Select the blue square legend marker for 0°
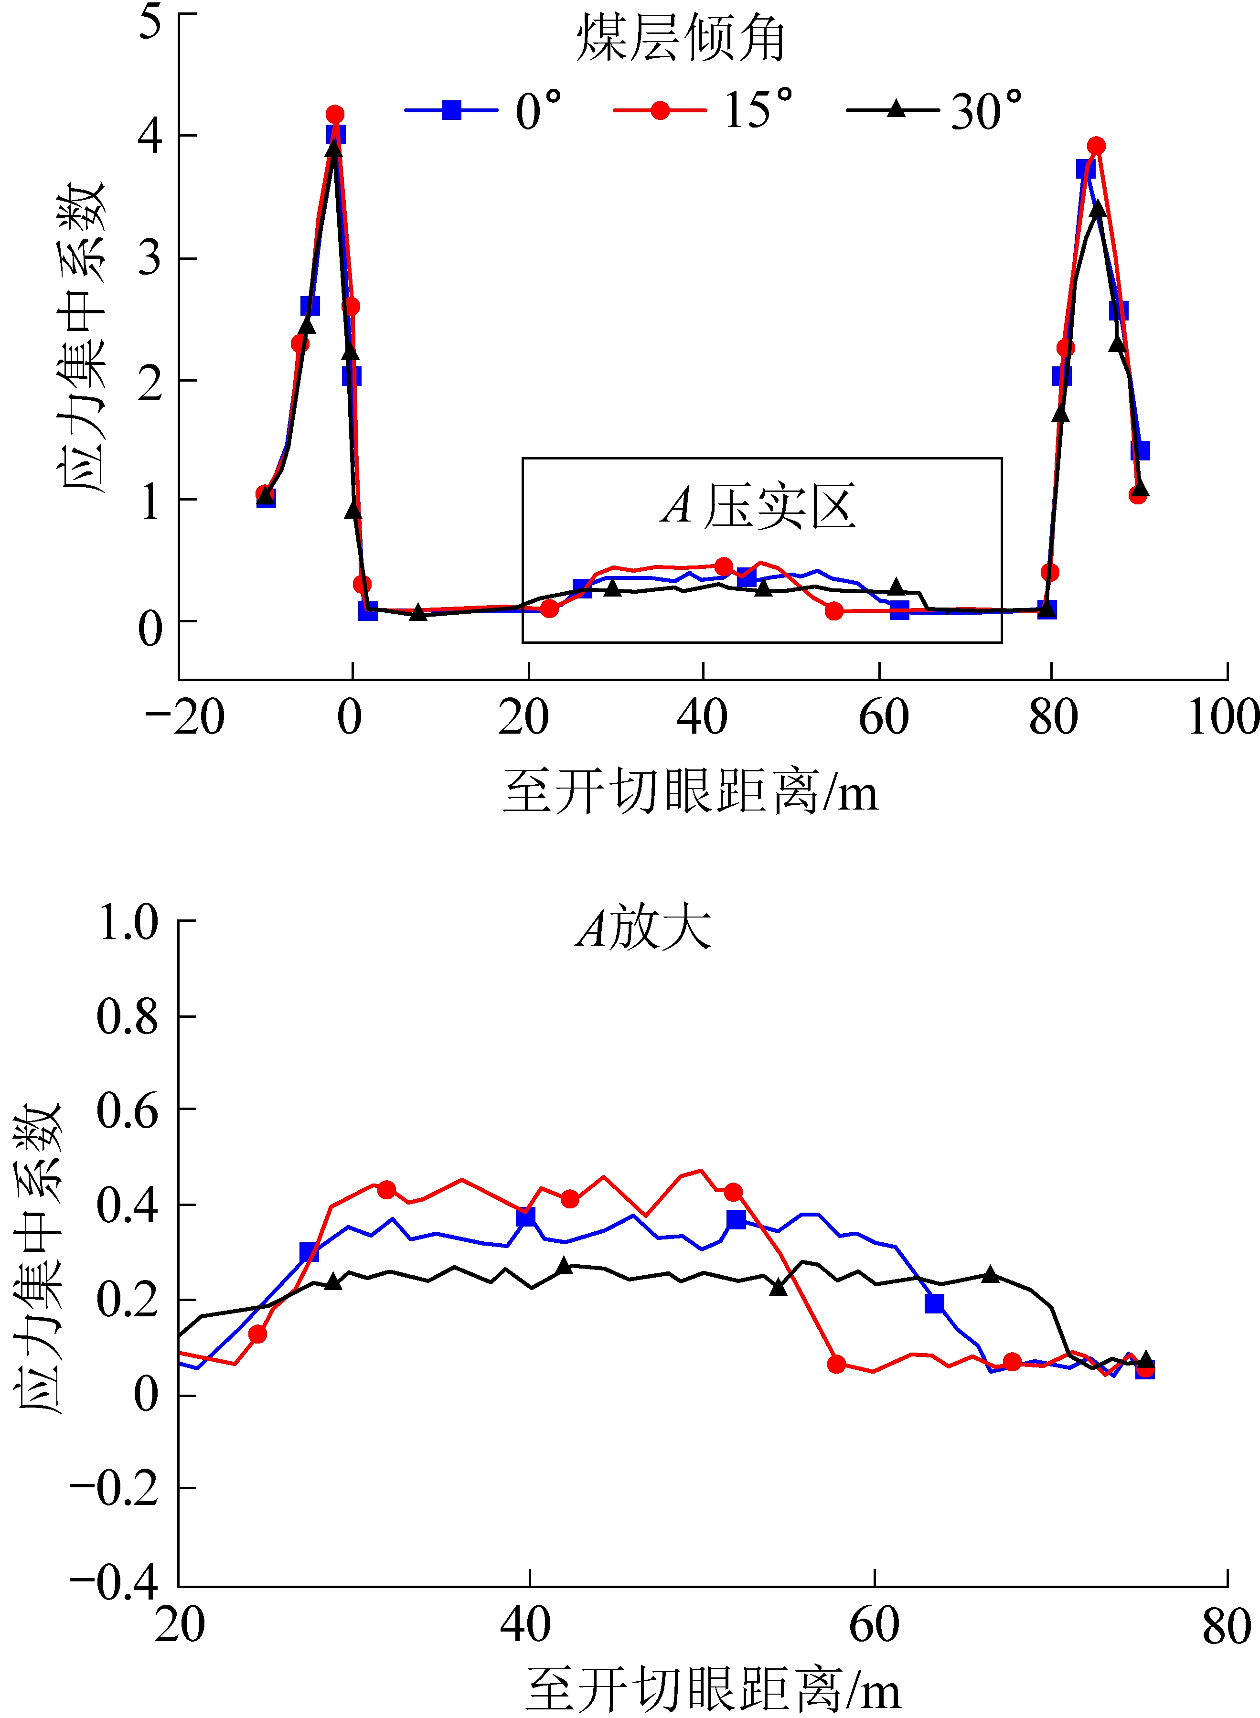pos(451,110)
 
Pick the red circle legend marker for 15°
pos(661,110)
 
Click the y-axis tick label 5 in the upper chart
pos(150,21)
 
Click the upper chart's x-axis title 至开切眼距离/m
pos(690,791)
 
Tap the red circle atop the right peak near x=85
pos(1097,146)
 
